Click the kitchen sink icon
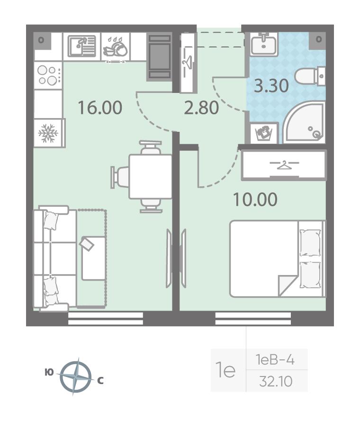click(x=82, y=46)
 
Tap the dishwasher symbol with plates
click(x=116, y=47)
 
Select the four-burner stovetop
click(x=48, y=75)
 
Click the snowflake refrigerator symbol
click(x=48, y=133)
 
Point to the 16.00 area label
click(x=100, y=107)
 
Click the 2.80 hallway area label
click(x=201, y=108)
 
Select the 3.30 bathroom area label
click(x=271, y=86)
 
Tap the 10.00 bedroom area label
click(x=255, y=200)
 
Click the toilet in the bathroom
click(x=310, y=76)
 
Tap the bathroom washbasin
click(x=264, y=44)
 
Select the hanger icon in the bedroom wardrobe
click(x=284, y=165)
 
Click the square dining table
click(x=150, y=176)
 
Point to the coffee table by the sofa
click(x=93, y=258)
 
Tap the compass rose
click(x=76, y=376)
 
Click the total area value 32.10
click(x=276, y=381)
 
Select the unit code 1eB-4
click(x=275, y=360)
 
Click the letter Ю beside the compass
click(x=49, y=373)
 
